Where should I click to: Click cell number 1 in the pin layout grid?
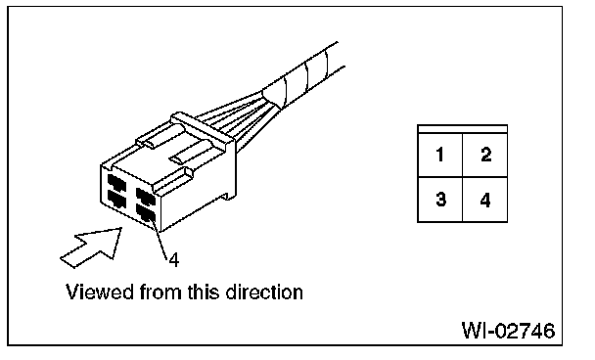click(440, 155)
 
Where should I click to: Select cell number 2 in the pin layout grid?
click(485, 155)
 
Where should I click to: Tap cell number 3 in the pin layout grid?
click(440, 200)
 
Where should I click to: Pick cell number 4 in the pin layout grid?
click(485, 200)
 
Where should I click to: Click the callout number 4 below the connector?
click(174, 260)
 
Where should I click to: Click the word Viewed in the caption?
click(100, 292)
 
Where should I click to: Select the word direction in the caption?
click(264, 292)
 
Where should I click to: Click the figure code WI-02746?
click(509, 331)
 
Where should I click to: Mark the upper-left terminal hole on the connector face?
click(116, 183)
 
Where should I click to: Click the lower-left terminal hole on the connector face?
click(116, 199)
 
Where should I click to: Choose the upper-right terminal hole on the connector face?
click(146, 196)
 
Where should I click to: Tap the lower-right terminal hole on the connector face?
click(146, 213)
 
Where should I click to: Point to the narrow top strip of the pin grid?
click(463, 129)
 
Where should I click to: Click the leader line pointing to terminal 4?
click(160, 240)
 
